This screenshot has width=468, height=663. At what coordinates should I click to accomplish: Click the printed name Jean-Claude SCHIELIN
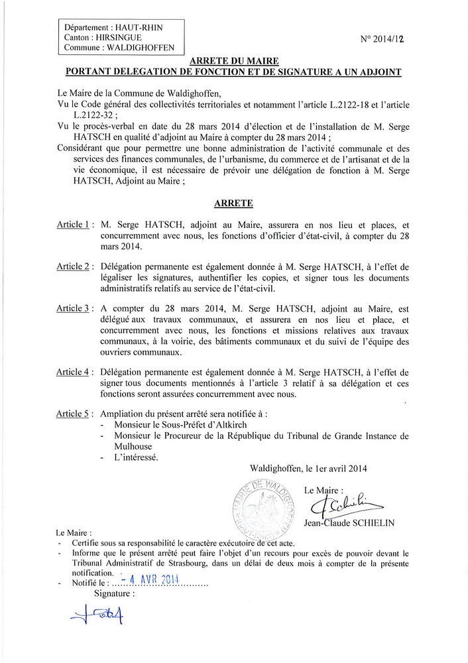348,523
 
